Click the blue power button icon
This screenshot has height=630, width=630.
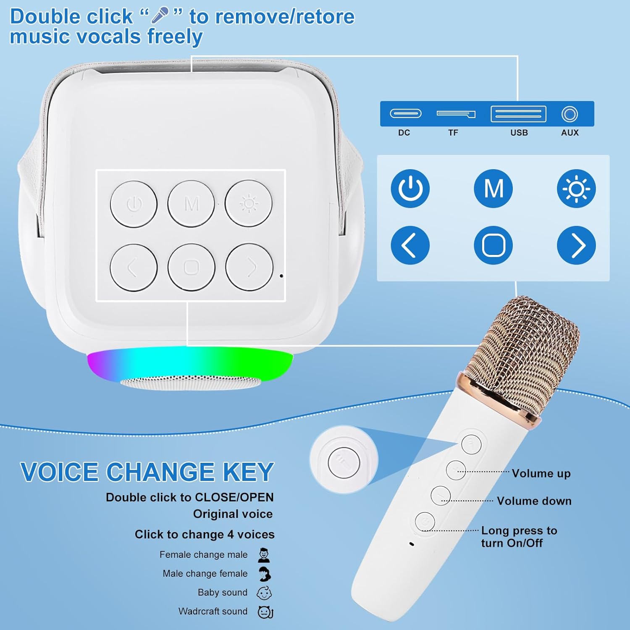coord(410,189)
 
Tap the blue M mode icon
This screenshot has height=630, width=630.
coord(493,189)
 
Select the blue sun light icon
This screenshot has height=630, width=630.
coord(576,189)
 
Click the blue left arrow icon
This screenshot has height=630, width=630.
coord(410,245)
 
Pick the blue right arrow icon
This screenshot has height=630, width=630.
coord(576,245)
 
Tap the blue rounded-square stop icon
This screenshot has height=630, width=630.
coord(493,245)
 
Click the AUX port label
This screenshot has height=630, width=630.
coord(570,133)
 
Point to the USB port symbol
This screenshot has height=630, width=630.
coord(519,114)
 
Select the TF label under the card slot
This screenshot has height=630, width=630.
coord(453,133)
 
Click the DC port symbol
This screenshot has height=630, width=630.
coord(406,113)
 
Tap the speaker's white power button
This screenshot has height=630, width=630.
coord(134,204)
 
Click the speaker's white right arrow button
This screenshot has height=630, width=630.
coord(249,267)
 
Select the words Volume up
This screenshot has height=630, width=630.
coord(541,473)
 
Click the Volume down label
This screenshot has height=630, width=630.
coord(534,501)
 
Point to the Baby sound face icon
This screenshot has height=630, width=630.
coord(264,593)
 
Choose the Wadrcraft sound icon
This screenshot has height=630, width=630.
coord(265,612)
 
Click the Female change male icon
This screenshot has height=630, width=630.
coord(264,555)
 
